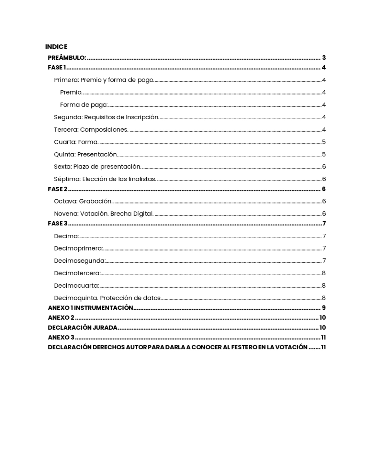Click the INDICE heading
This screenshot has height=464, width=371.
click(x=56, y=47)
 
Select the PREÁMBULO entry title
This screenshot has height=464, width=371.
click(x=67, y=58)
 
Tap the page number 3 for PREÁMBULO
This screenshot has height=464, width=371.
click(x=324, y=58)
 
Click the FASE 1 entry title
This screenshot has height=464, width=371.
click(x=57, y=68)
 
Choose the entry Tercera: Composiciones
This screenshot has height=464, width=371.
click(x=91, y=130)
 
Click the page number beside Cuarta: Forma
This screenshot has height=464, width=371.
click(x=324, y=142)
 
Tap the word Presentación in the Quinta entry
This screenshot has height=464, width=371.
click(x=97, y=154)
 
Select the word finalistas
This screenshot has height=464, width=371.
click(x=142, y=179)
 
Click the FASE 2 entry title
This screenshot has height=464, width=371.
click(x=57, y=189)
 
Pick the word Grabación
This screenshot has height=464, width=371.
click(x=95, y=201)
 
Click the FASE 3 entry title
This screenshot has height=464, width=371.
click(x=57, y=223)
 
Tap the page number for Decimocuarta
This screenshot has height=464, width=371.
click(x=324, y=286)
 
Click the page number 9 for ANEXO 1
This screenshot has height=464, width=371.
click(x=324, y=308)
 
